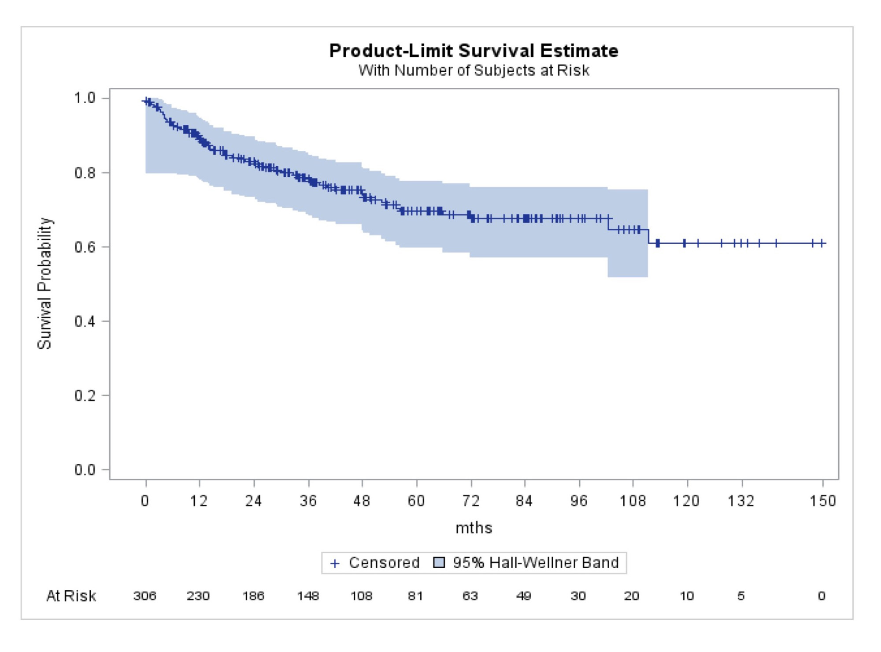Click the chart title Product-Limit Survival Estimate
click(x=474, y=51)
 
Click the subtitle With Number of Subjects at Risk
click(x=474, y=71)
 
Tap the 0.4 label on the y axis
click(x=85, y=321)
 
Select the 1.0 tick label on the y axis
click(x=85, y=98)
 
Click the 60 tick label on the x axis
click(x=416, y=501)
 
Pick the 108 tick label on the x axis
click(x=633, y=501)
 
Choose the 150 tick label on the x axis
click(x=822, y=501)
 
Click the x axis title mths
click(x=474, y=528)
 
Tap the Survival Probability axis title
click(x=44, y=283)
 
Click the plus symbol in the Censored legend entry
click(x=335, y=563)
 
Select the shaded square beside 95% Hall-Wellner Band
click(x=439, y=563)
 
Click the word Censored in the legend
click(x=384, y=563)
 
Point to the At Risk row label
click(x=71, y=596)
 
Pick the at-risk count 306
click(x=145, y=596)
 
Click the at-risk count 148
click(x=308, y=596)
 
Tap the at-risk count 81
click(x=415, y=596)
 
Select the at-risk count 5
click(x=741, y=596)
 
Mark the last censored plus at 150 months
click(x=822, y=243)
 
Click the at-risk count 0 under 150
click(x=822, y=596)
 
